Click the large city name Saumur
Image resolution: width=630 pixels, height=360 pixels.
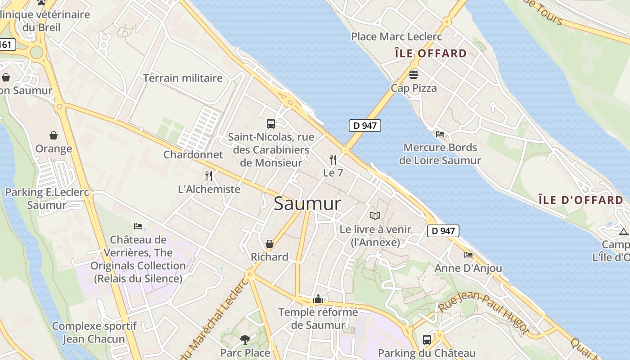307,204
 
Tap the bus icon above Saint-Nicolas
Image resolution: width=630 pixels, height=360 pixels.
271,123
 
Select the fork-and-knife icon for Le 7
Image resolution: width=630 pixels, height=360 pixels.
333,159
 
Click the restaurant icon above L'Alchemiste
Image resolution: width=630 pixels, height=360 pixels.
209,176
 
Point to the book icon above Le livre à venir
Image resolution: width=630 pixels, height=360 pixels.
375,216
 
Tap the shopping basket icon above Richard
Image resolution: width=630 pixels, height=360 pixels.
270,244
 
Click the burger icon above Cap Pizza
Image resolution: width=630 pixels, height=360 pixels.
414,74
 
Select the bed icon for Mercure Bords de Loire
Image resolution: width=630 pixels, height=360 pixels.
440,134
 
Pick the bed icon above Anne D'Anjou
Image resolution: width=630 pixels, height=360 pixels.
468,255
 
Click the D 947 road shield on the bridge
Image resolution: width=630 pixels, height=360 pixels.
365,126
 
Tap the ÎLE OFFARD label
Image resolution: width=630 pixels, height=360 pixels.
431,54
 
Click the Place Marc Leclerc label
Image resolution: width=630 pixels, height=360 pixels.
396,36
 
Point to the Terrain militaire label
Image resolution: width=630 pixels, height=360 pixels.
183,78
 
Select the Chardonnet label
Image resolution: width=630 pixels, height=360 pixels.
193,155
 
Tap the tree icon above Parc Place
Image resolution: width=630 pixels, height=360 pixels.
245,339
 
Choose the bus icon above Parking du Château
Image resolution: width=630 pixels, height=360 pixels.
427,339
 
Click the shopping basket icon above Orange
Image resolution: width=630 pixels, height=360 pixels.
54,135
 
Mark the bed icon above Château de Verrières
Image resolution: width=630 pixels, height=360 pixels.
138,226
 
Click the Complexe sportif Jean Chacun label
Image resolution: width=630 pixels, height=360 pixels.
94,332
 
